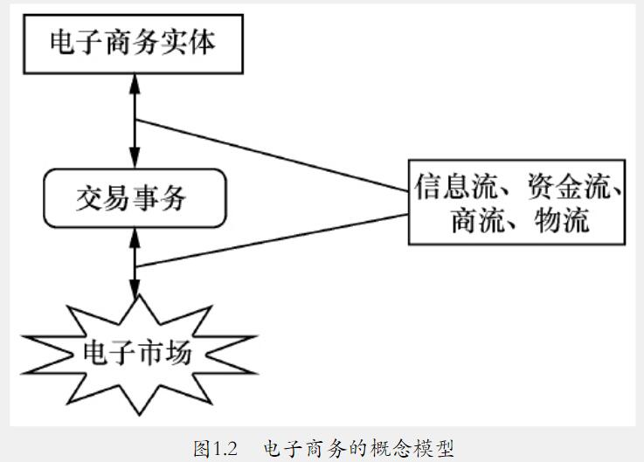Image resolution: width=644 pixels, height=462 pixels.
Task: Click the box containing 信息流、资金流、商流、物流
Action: (517, 201)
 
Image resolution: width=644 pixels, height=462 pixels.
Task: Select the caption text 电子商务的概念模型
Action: (358, 449)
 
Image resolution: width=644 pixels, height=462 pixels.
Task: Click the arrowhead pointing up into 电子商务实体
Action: (134, 81)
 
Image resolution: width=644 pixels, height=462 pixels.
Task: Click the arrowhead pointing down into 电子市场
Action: (134, 289)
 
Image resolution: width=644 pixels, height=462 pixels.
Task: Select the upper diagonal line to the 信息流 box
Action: (271, 154)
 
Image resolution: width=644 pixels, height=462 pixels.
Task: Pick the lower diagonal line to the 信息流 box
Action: (271, 240)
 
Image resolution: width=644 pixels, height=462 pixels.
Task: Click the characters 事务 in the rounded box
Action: (162, 198)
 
